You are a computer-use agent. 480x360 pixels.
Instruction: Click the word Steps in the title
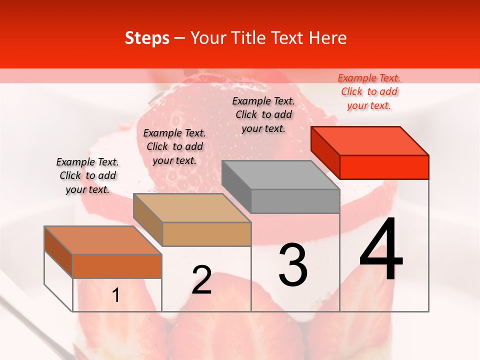tap(147, 38)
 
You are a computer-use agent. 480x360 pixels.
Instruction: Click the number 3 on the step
tap(292, 265)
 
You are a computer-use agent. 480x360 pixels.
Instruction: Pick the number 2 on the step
tap(201, 280)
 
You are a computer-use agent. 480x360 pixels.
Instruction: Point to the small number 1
tap(116, 295)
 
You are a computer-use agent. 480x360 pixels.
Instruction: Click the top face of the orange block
tap(103, 240)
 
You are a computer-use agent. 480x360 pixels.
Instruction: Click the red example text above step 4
tap(369, 91)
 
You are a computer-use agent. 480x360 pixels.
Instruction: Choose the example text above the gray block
tap(263, 114)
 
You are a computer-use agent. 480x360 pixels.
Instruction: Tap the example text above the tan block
tap(174, 146)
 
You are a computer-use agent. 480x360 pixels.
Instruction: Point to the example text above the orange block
tap(87, 175)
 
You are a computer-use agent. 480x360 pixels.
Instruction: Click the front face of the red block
tap(384, 167)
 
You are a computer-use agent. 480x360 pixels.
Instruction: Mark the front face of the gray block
tap(295, 201)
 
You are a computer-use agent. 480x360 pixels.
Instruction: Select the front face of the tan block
tap(206, 234)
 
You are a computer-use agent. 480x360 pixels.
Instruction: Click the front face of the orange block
tap(117, 266)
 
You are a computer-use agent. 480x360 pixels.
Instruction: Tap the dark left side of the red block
tap(325, 152)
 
